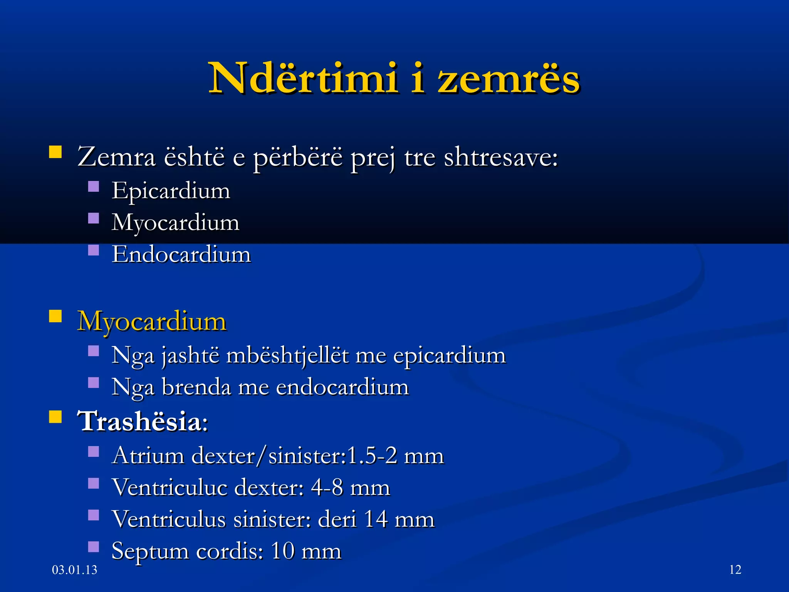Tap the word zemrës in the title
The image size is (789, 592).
click(x=509, y=79)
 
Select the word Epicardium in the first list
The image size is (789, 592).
click(x=171, y=191)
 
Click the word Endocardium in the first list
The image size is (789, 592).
click(x=181, y=255)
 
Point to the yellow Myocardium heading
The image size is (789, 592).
click(x=152, y=321)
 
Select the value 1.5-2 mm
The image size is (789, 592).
click(x=395, y=456)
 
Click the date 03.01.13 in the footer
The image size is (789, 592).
click(x=74, y=570)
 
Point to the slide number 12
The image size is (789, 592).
click(x=735, y=570)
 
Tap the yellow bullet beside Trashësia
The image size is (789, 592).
click(x=55, y=417)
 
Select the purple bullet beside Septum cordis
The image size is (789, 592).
click(x=94, y=547)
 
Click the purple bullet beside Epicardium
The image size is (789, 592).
click(x=94, y=187)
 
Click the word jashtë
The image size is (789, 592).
click(x=190, y=355)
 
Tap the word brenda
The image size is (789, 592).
click(x=196, y=387)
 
